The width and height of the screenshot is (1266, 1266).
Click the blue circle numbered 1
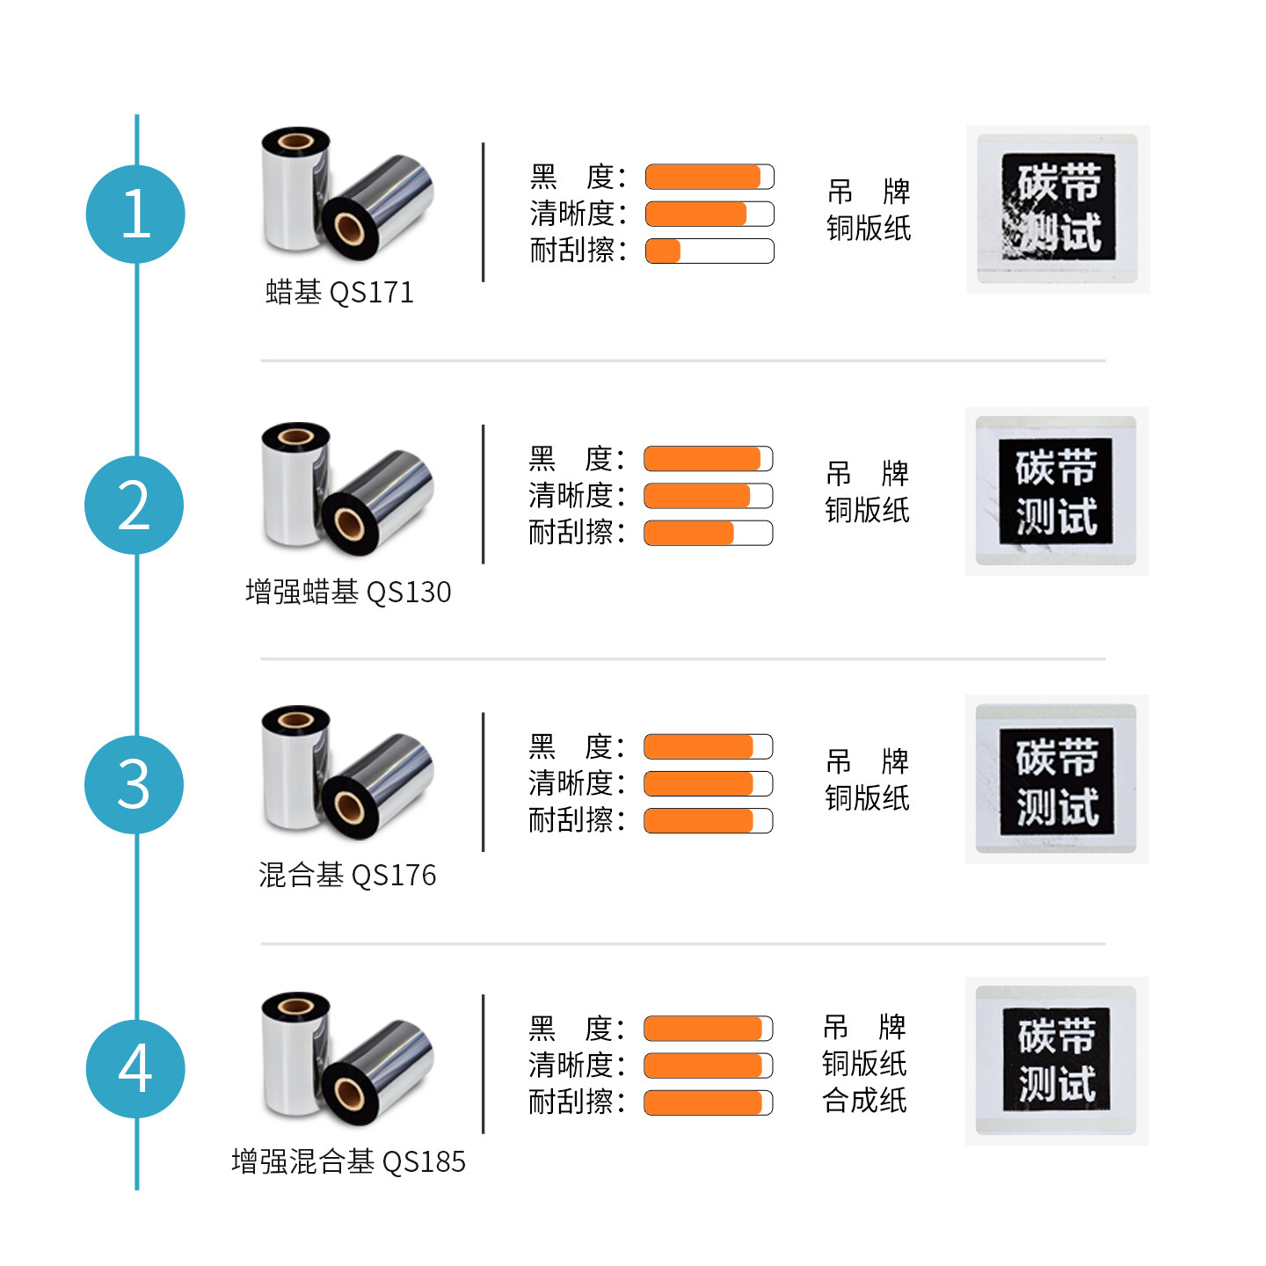(135, 214)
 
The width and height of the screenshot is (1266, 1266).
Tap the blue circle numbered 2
(134, 505)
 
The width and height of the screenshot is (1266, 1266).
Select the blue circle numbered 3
(134, 784)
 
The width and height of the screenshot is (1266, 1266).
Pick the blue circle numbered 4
(135, 1069)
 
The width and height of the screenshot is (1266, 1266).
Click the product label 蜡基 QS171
(339, 292)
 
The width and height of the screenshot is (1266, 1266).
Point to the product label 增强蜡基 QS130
(348, 592)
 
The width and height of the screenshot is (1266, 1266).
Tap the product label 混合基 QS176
(347, 875)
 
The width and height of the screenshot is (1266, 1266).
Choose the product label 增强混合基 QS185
(348, 1161)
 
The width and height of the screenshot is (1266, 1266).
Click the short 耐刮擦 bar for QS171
(664, 251)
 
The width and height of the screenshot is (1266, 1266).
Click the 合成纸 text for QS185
(864, 1100)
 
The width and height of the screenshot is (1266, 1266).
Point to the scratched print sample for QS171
(1058, 208)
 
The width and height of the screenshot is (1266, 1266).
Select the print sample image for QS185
(1057, 1060)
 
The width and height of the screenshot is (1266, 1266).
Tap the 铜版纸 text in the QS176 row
(867, 797)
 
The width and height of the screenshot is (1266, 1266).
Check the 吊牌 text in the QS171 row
(869, 191)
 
